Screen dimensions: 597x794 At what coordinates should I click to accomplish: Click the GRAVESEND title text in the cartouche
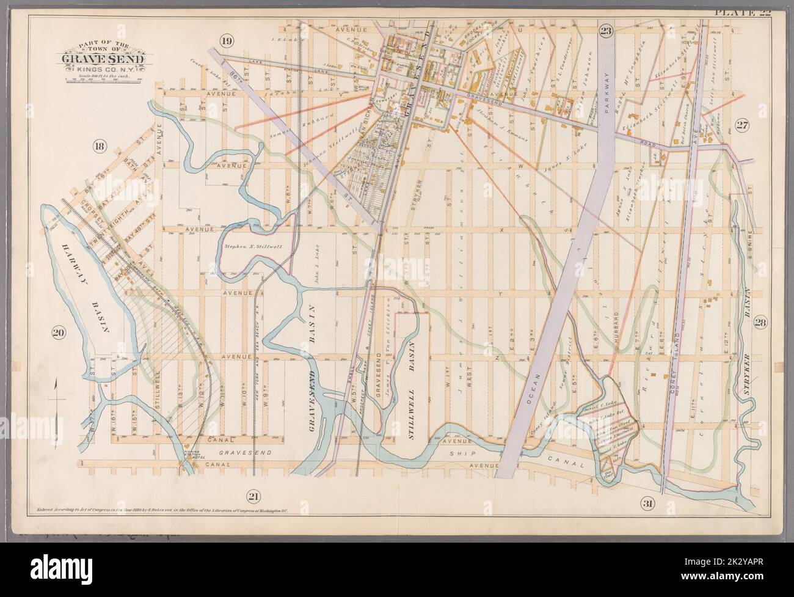coord(103,59)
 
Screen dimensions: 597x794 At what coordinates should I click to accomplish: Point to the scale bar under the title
coord(103,79)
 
